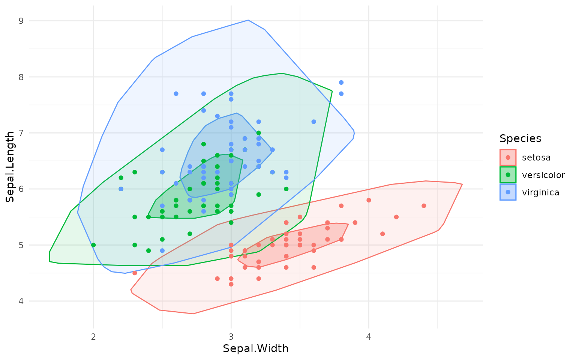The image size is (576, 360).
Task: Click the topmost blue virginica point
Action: point(341,82)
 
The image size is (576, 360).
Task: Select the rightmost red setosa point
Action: point(424,206)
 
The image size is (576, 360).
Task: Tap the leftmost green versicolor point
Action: point(93,245)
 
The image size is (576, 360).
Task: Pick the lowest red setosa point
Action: point(231,284)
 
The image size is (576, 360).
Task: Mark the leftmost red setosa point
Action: point(135,273)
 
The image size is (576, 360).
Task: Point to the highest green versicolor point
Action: point(258,133)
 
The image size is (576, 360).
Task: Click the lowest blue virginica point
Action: point(162,250)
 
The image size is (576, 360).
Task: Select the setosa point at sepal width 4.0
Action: point(369,200)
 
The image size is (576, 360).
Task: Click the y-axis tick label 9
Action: point(21,21)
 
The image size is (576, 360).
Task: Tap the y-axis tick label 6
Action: point(21,189)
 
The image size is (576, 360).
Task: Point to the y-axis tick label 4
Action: point(21,301)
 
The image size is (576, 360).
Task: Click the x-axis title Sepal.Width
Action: point(256,349)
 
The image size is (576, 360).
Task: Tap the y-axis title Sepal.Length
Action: point(10,166)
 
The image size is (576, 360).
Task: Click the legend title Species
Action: point(520,139)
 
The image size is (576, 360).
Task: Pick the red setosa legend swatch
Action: point(508,157)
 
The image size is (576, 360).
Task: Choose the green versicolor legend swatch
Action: point(508,175)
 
